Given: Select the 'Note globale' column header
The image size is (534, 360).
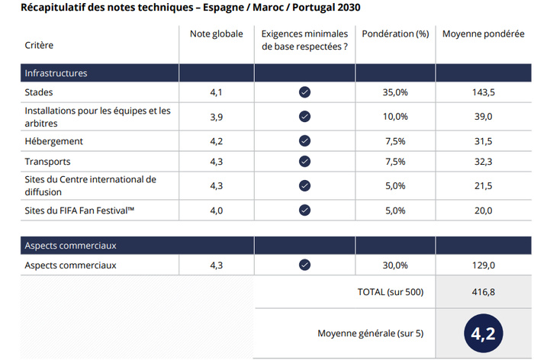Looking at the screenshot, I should (x=217, y=34).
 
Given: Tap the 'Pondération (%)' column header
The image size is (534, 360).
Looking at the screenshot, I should (x=395, y=34).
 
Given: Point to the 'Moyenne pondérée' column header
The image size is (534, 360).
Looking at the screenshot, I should (x=484, y=34).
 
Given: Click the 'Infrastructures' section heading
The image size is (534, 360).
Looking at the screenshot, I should (x=56, y=73).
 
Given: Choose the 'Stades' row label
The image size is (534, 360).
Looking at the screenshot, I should (x=40, y=92).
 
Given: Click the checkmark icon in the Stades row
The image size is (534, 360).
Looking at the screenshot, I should (x=304, y=92).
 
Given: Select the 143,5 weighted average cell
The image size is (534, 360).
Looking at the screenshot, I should (x=484, y=92).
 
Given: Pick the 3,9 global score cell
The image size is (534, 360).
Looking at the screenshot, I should (x=217, y=117).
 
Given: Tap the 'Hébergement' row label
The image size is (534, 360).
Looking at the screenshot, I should (x=54, y=141).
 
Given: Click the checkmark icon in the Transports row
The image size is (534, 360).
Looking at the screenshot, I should (x=304, y=161).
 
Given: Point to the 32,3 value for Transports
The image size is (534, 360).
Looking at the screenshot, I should (x=484, y=161).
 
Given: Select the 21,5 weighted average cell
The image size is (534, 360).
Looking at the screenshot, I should (x=484, y=185).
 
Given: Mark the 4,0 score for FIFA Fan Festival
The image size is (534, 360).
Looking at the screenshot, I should (x=217, y=210).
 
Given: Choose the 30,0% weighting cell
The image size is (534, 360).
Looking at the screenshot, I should (x=395, y=265).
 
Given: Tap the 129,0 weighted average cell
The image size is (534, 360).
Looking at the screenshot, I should (x=484, y=265).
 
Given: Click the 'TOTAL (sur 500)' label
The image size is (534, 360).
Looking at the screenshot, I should (x=390, y=292).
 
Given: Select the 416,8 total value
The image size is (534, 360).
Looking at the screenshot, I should (x=484, y=292).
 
